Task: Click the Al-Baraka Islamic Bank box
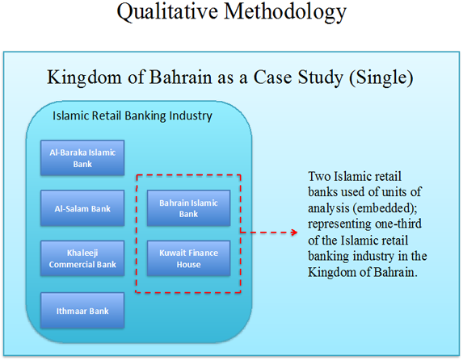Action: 82,158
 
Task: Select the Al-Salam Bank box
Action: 82,208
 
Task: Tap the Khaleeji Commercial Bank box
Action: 82,258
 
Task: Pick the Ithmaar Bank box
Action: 82,311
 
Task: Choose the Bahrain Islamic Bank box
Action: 189,208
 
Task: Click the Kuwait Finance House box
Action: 189,258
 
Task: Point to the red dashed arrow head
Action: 294,232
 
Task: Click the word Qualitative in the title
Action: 167,12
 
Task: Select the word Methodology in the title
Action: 285,12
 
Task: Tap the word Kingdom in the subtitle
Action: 84,77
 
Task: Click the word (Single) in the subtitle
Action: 381,77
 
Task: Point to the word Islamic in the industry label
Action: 71,115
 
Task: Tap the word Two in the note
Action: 319,177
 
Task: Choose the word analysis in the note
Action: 329,209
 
